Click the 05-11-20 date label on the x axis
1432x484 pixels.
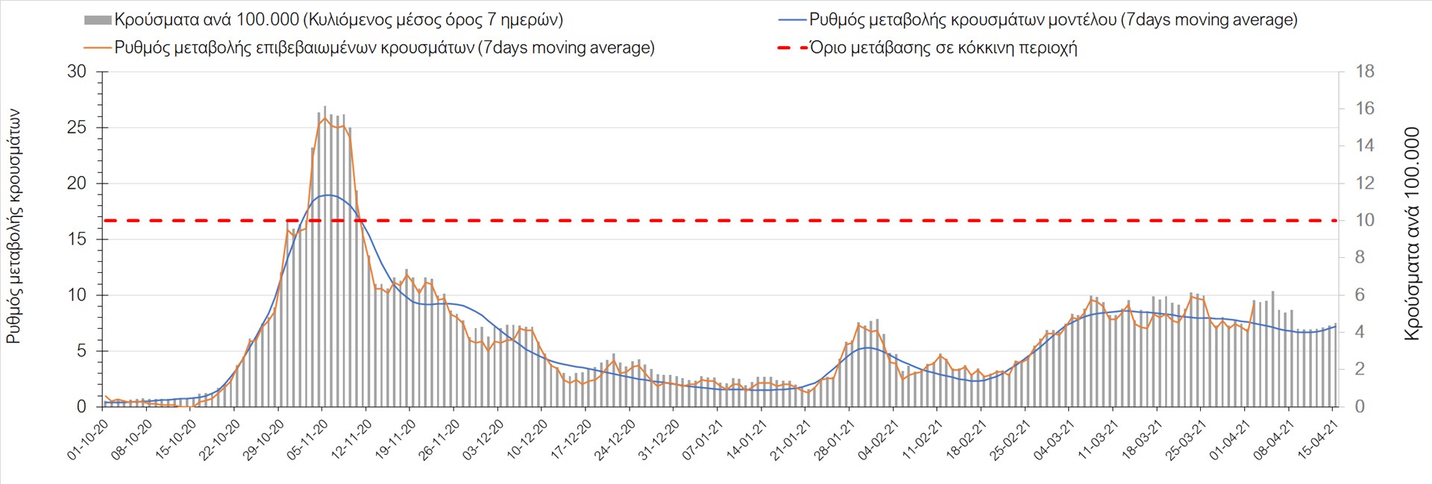coord(308,440)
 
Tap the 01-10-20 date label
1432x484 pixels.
coord(88,440)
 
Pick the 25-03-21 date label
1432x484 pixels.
coord(1187,440)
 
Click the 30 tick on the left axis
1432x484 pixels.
coord(77,72)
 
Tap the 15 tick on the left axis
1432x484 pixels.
coord(77,239)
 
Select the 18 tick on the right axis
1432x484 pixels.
coord(1365,72)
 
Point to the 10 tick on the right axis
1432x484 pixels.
coord(1365,220)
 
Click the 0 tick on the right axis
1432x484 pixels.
coord(1360,406)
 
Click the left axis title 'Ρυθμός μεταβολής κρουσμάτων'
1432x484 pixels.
coord(13,227)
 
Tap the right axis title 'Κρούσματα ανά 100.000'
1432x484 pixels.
coord(1412,234)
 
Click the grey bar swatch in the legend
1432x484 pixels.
coord(98,20)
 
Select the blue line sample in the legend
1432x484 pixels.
coord(792,20)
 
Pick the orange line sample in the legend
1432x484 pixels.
coord(98,48)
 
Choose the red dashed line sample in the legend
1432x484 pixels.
coord(792,48)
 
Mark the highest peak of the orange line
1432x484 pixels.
coord(325,118)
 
